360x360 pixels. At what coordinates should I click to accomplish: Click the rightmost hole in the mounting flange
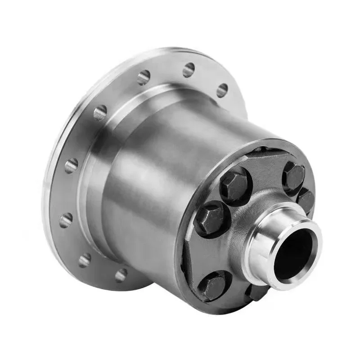(x=222, y=90)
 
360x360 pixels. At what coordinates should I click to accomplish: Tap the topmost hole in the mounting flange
(x=189, y=70)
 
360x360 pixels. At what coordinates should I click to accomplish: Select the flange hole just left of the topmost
(x=144, y=77)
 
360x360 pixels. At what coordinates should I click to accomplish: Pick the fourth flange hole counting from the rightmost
(x=100, y=112)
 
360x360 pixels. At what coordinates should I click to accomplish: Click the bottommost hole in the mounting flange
(x=121, y=275)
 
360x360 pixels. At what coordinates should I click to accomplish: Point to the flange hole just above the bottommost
(x=85, y=260)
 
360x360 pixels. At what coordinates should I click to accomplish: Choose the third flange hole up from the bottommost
(x=66, y=220)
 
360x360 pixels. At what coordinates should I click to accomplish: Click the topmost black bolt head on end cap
(x=293, y=175)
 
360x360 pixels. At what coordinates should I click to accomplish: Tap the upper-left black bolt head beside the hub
(x=234, y=185)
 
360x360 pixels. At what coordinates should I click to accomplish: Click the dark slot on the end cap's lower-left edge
(x=183, y=265)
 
